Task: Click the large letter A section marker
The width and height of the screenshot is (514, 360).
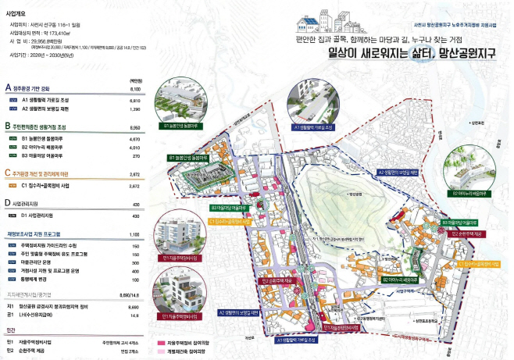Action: click(8, 88)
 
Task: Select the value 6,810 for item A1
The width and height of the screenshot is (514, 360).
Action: click(134, 101)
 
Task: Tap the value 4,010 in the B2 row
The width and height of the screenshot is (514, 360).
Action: click(134, 146)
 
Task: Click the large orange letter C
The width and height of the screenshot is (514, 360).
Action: click(8, 175)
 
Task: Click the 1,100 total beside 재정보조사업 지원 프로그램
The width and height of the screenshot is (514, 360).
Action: click(134, 233)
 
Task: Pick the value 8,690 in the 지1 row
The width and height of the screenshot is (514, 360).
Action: click(134, 308)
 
